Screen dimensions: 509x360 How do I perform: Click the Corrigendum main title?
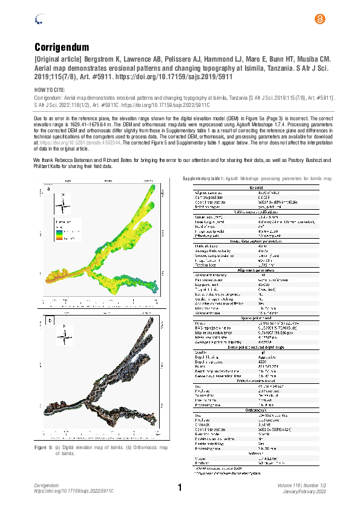pos(62,47)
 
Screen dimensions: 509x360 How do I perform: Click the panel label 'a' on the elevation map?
pos(48,190)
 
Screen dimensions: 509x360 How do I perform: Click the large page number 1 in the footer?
pos(180,488)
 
